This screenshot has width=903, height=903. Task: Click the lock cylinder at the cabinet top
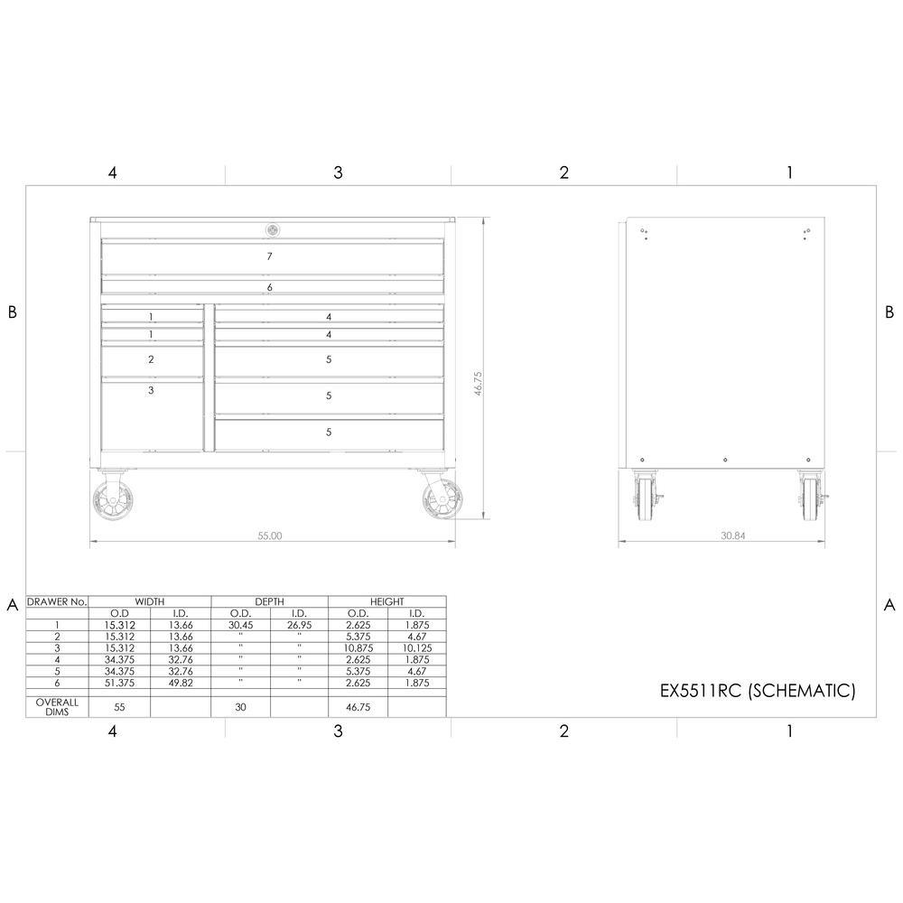(x=273, y=230)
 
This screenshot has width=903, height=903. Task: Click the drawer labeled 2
(x=153, y=361)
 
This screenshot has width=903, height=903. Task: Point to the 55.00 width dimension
(x=269, y=535)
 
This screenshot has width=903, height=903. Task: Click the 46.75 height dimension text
(x=478, y=383)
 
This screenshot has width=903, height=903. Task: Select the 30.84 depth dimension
(x=733, y=535)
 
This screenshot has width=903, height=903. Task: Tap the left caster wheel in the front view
(x=112, y=500)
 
